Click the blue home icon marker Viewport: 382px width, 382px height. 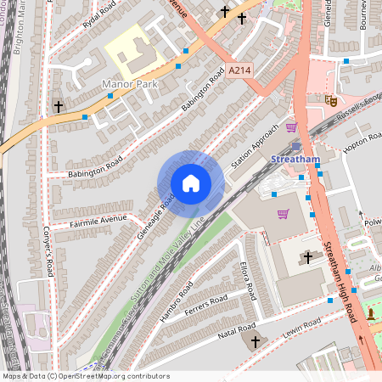point(191,183)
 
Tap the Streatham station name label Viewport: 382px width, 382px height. point(294,159)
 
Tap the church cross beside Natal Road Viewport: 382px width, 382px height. point(254,341)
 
